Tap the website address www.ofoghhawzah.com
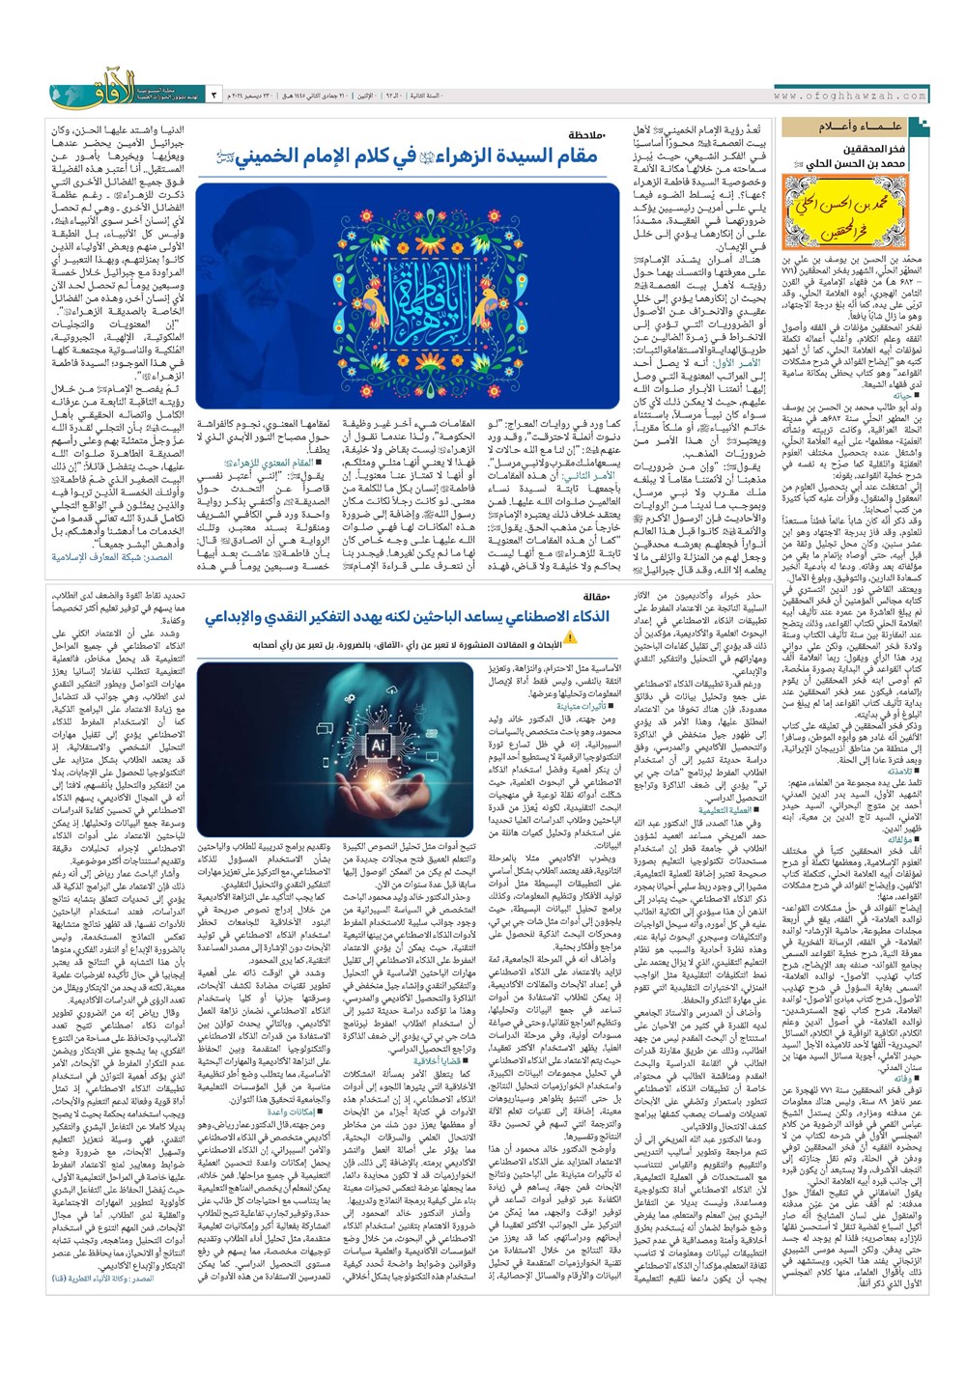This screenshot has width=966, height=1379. (x=850, y=96)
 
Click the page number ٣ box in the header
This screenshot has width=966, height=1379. (x=213, y=97)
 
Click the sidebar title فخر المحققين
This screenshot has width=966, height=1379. (x=874, y=150)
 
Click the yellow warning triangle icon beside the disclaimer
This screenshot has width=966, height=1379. (x=568, y=638)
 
